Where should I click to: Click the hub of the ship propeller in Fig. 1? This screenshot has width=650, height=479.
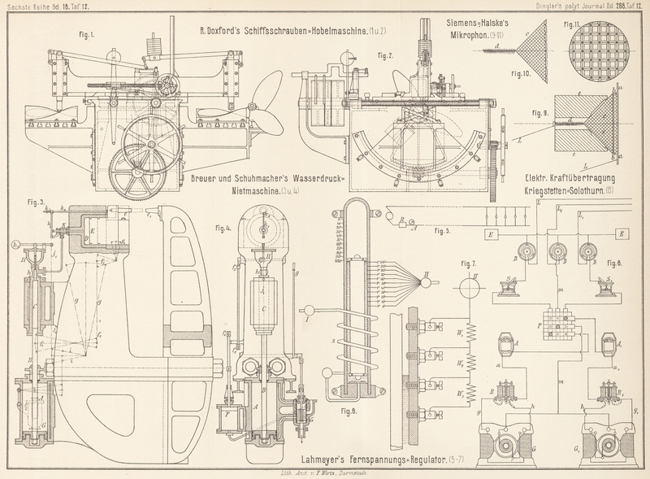[258, 107]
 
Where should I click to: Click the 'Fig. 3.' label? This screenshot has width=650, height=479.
[36, 202]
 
